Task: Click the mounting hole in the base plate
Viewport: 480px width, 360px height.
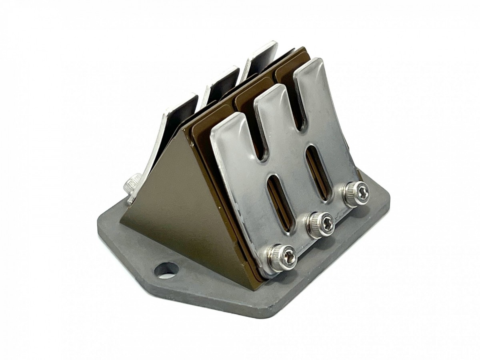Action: pos(166,270)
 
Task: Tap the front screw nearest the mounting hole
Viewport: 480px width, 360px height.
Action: pos(282,257)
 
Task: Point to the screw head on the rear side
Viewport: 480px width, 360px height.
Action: pos(132,185)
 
